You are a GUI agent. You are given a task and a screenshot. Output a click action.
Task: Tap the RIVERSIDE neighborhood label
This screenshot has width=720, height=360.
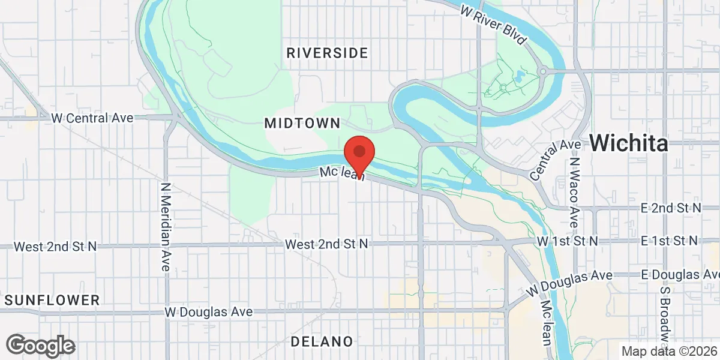327,53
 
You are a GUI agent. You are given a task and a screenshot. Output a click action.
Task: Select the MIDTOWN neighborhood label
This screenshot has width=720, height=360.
302,124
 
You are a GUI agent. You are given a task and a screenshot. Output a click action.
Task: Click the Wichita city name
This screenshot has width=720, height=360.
628,143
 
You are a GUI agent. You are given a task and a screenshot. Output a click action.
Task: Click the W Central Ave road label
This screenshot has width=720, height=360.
92,118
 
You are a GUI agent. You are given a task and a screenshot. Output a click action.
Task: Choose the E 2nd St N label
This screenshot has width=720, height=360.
670,208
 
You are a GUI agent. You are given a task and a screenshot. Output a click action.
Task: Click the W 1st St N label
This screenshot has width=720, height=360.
567,241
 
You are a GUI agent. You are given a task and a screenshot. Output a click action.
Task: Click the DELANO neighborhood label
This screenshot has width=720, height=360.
322,341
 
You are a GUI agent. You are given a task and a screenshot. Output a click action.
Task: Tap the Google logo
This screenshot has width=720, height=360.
41,346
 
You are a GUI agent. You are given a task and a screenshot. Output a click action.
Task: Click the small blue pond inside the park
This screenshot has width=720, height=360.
518,76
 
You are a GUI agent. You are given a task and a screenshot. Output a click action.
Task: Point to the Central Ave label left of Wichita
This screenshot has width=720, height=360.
556,160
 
